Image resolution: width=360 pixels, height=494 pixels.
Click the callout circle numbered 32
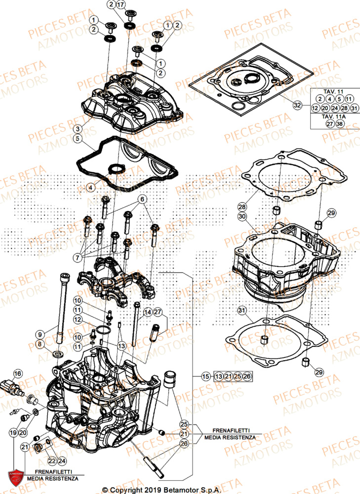click(297, 105)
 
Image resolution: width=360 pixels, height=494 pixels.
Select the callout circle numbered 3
click(78, 129)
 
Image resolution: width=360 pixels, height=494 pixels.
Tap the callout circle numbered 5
click(78, 139)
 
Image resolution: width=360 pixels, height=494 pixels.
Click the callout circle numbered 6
click(142, 200)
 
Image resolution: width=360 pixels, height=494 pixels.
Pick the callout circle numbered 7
click(78, 257)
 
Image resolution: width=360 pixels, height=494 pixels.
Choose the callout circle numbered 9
click(40, 332)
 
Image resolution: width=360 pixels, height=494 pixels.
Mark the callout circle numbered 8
click(40, 343)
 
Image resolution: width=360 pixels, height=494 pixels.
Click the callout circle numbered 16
click(18, 373)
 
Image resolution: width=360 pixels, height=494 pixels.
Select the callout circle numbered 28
click(241, 206)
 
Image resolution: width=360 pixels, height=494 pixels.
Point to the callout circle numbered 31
click(241, 311)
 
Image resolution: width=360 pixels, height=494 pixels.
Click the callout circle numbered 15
click(206, 377)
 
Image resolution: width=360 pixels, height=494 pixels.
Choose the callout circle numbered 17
click(121, 5)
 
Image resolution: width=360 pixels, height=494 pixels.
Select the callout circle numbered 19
click(13, 432)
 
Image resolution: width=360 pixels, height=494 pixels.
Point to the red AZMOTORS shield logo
click(17, 477)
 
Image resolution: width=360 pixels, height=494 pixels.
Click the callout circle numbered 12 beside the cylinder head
click(78, 320)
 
